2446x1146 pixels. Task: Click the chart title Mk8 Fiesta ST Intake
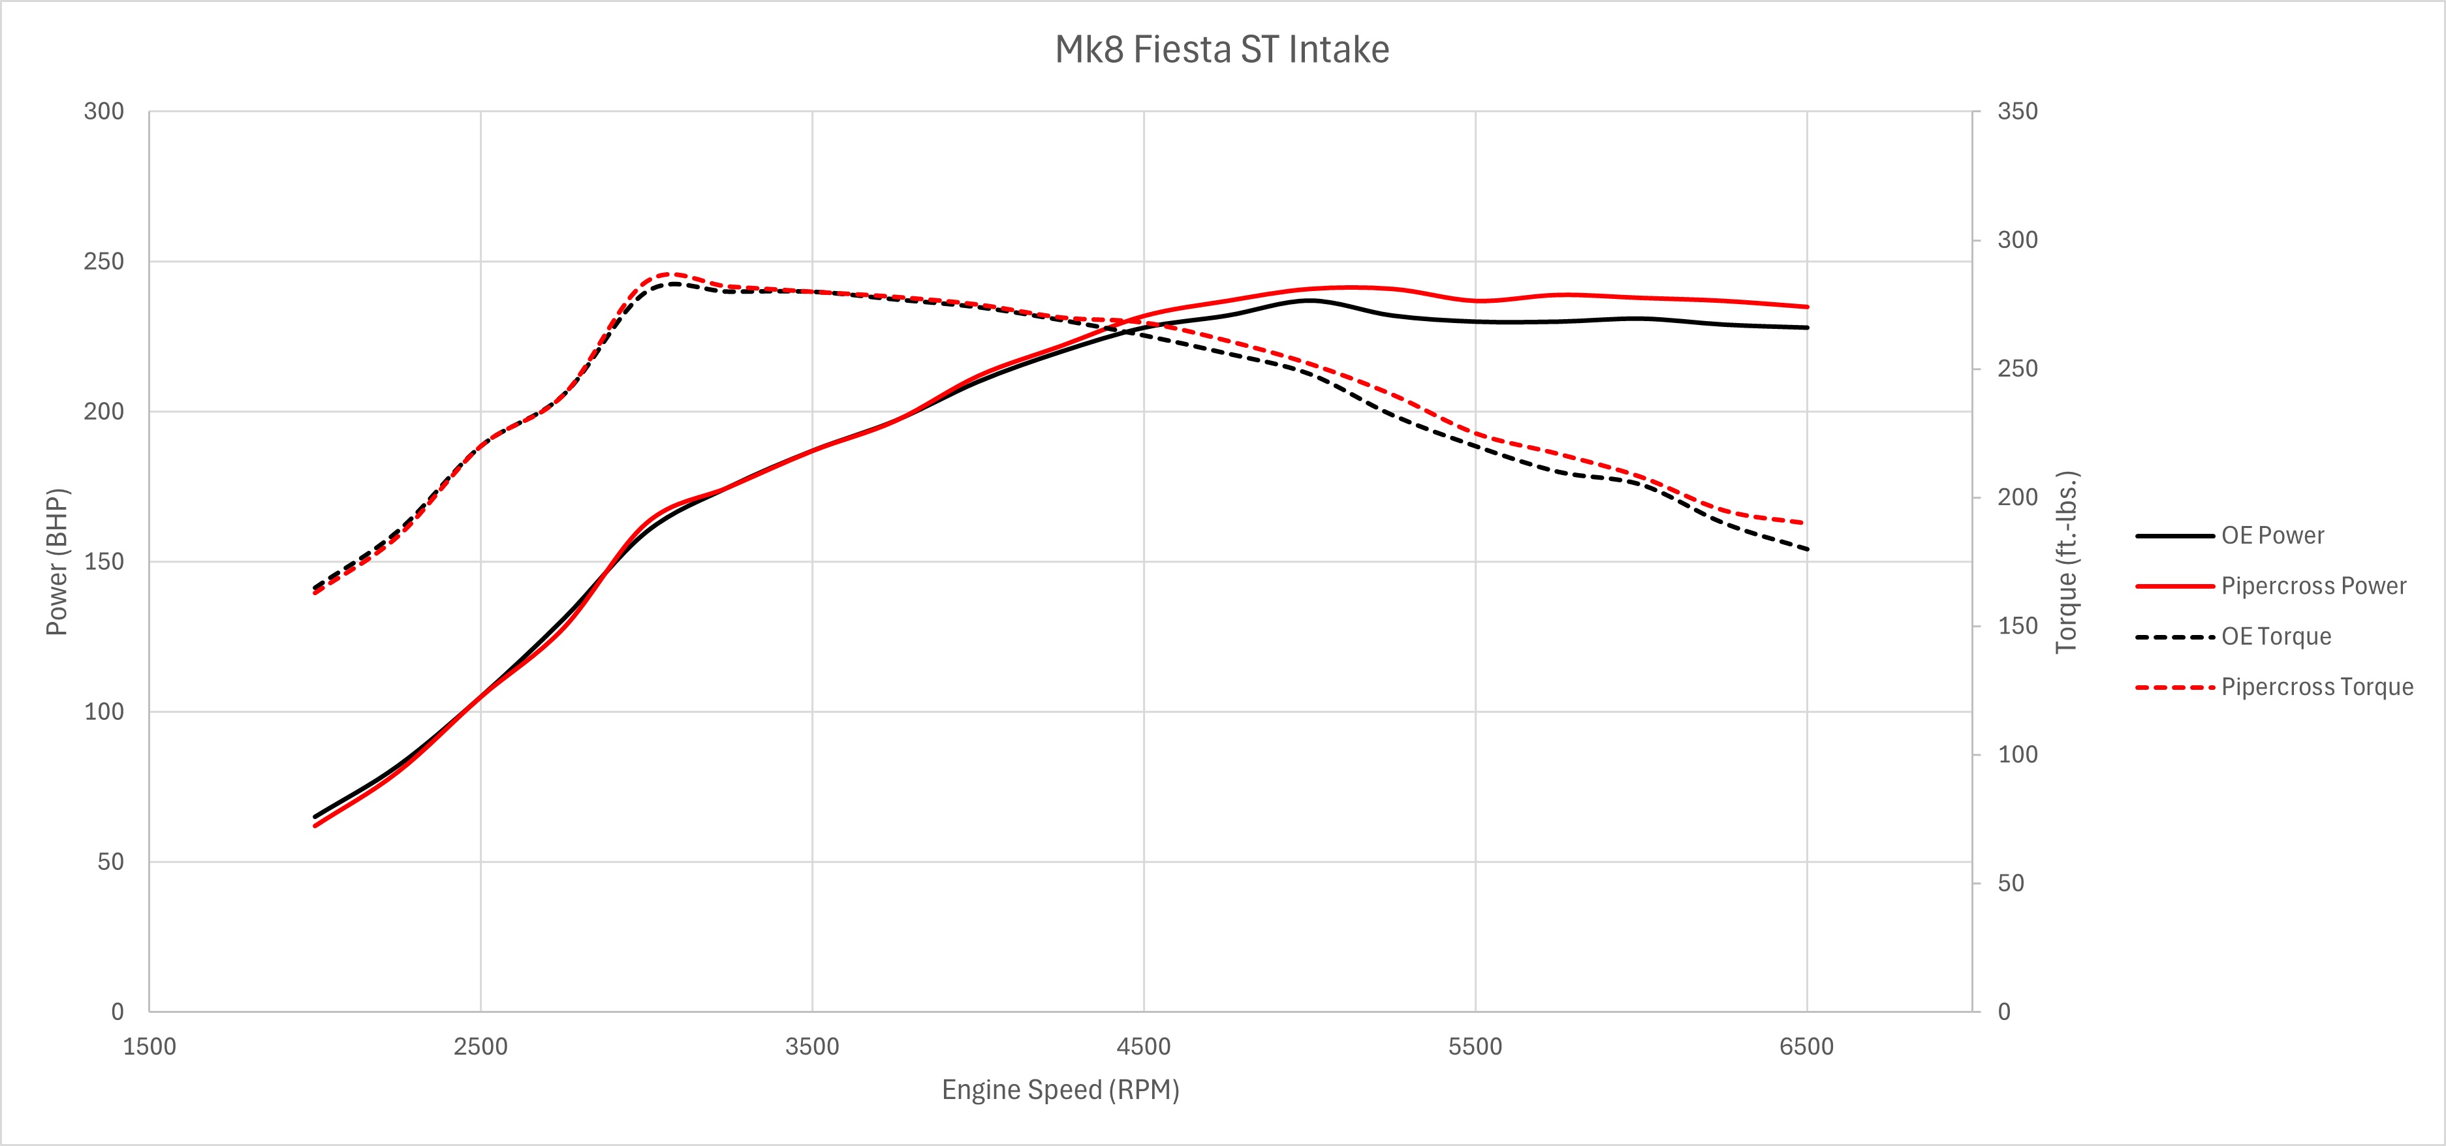coord(1222,50)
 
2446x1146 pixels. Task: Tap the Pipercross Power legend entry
coord(2313,586)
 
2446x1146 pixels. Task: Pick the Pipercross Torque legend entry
coord(2316,687)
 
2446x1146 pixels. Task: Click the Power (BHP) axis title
coord(57,561)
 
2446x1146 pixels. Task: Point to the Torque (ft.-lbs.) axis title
coord(2067,561)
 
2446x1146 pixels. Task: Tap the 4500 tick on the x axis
coord(1143,1046)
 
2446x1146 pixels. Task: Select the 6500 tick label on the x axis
coord(1806,1046)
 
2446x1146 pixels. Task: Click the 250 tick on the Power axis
coord(104,261)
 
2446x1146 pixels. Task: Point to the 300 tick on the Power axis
coord(104,111)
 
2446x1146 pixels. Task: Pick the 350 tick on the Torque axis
coord(2017,111)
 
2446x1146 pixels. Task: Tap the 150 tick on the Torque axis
coord(2017,626)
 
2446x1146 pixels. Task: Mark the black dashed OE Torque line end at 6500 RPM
coord(1806,549)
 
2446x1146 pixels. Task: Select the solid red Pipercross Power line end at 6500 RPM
coord(1806,307)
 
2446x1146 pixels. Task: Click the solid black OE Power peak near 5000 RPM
coord(1309,300)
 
